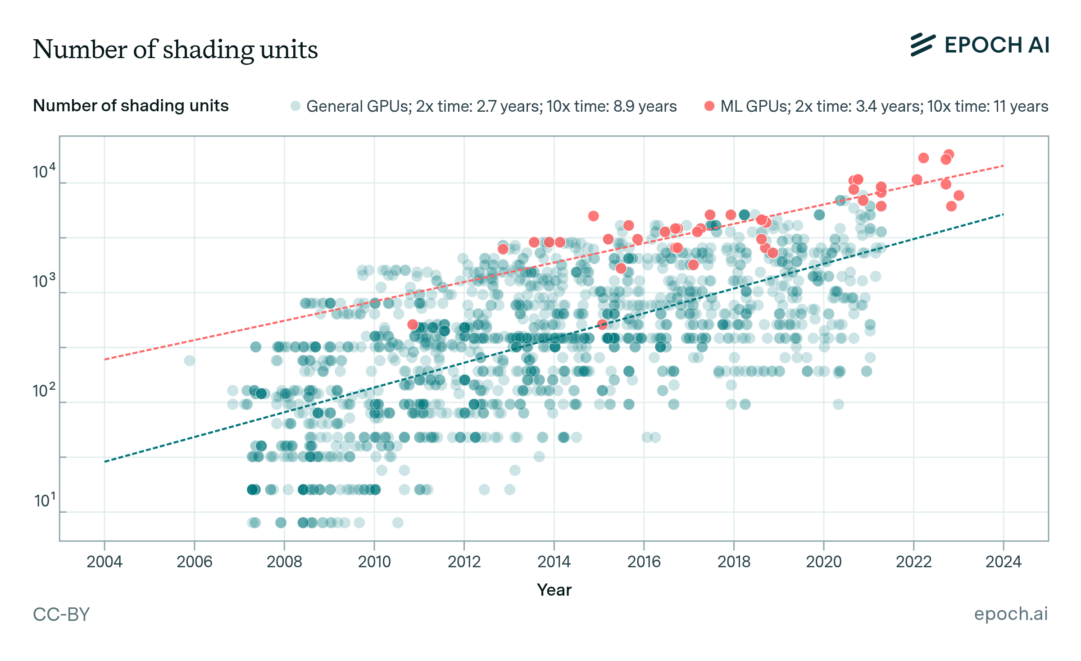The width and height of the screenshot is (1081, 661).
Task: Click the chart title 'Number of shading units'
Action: [175, 49]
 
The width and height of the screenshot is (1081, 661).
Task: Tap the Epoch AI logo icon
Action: [922, 45]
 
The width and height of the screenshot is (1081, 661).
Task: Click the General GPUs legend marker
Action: [295, 106]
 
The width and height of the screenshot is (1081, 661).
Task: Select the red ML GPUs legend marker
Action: [709, 106]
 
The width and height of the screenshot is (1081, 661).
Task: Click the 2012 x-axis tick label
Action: [464, 561]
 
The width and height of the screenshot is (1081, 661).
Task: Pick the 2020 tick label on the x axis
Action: [823, 561]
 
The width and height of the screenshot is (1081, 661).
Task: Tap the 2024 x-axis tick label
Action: [1003, 561]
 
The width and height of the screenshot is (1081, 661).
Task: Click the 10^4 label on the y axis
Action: [44, 171]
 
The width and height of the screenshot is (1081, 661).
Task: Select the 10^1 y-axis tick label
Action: [45, 500]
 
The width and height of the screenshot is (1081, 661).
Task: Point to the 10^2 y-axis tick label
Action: [44, 390]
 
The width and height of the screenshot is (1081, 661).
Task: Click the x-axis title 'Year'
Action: [554, 590]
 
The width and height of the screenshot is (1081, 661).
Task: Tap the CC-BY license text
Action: [61, 614]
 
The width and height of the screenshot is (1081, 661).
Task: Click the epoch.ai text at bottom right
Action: [1011, 614]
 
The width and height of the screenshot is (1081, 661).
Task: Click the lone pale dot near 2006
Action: [190, 360]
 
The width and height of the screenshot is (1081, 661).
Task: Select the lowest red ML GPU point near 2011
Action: [413, 324]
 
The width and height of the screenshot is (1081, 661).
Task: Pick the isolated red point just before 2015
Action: [593, 216]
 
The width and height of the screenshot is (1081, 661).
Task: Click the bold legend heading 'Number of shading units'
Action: [131, 106]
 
